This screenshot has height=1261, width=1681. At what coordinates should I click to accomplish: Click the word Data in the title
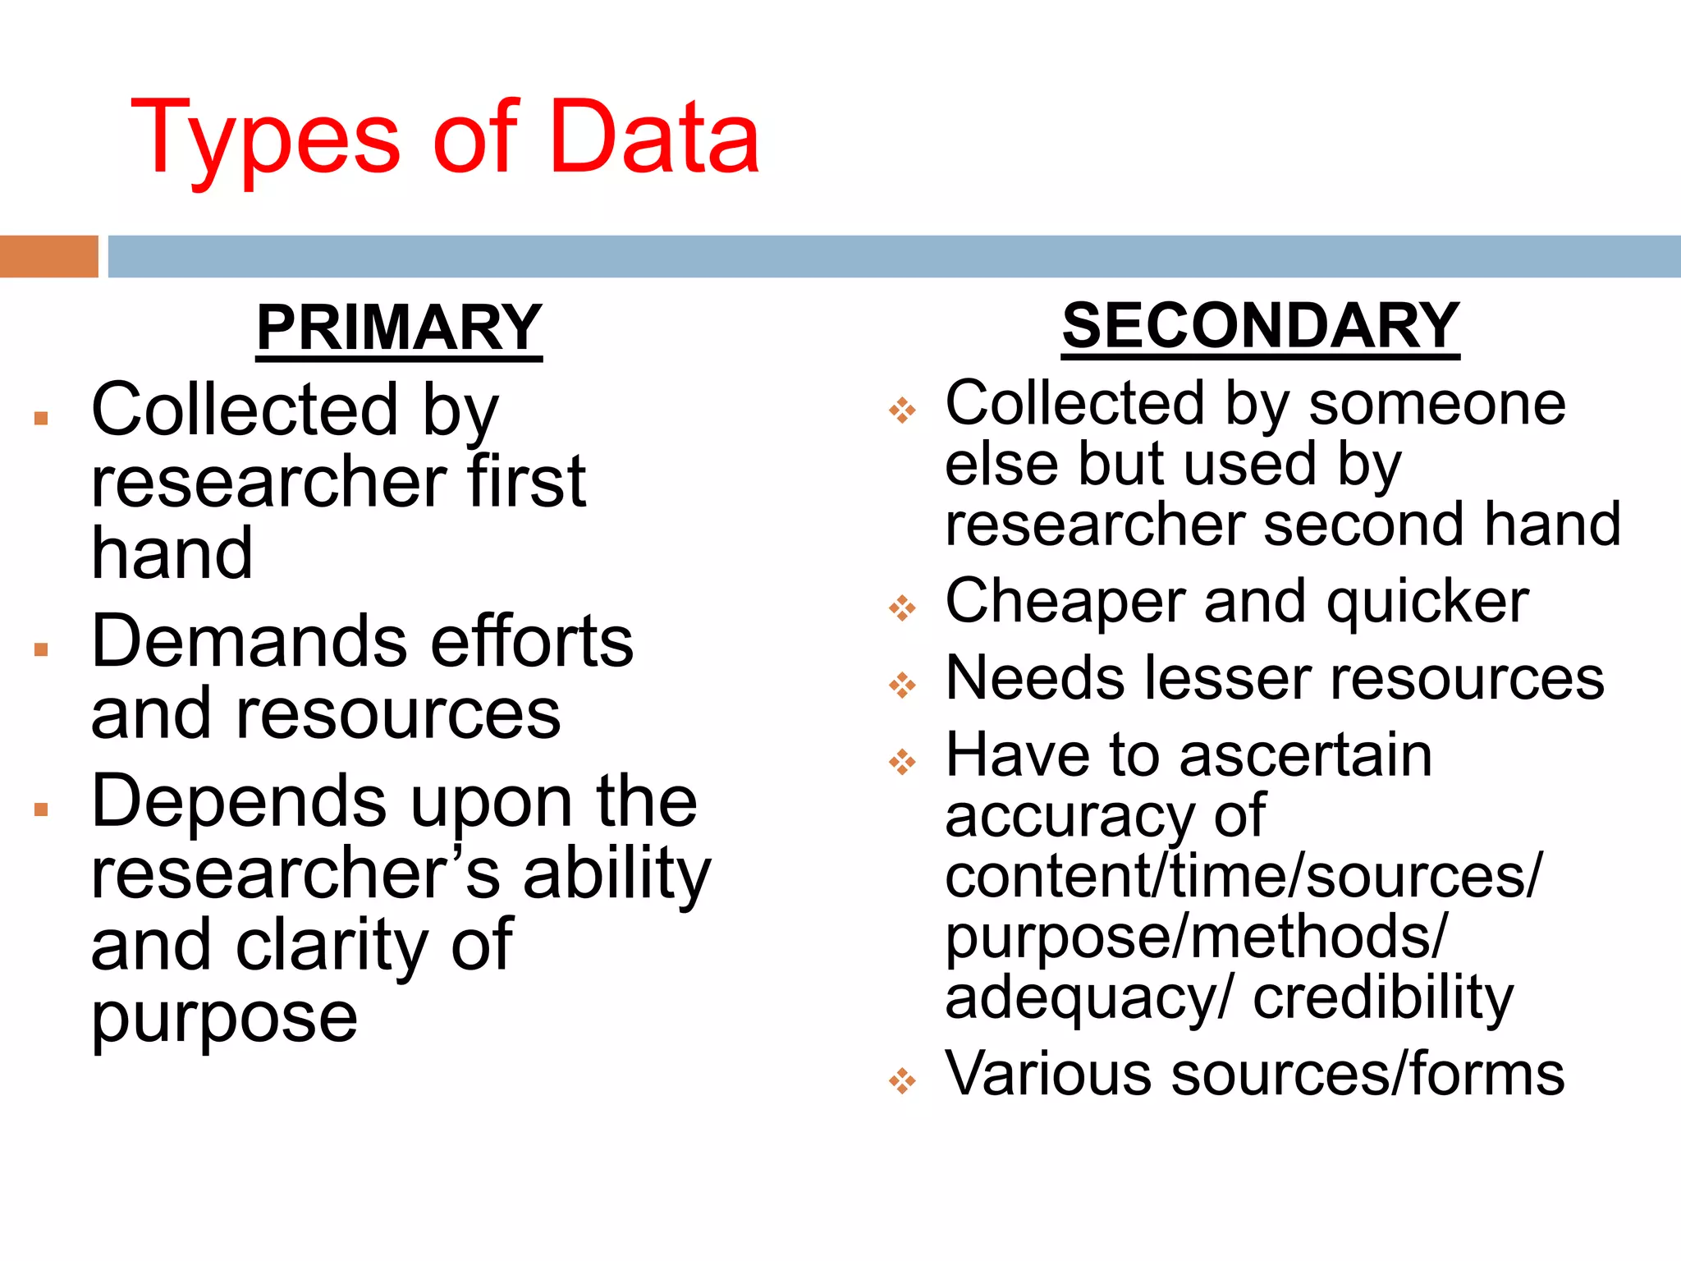click(x=654, y=137)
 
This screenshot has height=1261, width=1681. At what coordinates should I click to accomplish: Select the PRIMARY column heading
click(x=399, y=328)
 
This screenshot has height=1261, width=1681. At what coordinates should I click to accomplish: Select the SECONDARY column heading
click(x=1260, y=326)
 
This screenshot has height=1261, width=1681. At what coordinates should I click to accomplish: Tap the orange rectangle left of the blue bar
click(x=48, y=256)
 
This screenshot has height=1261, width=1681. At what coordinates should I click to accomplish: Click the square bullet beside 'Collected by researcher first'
click(x=41, y=419)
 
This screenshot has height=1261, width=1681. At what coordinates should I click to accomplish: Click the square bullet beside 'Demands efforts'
click(x=41, y=650)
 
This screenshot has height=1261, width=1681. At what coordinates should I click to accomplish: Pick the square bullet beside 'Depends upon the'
click(x=41, y=810)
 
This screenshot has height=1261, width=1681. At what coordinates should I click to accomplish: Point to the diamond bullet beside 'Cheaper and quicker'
click(x=902, y=608)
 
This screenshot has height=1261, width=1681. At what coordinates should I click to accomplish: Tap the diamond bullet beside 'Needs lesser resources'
click(x=902, y=685)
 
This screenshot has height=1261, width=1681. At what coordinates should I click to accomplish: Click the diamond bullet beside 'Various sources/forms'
click(x=902, y=1080)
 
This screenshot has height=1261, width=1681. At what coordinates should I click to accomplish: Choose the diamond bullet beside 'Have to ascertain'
click(x=902, y=762)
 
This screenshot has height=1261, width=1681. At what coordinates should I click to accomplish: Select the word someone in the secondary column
click(x=1436, y=404)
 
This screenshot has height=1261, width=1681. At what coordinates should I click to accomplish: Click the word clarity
click(x=332, y=946)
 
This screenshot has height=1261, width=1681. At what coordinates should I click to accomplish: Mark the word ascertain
click(x=1305, y=755)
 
